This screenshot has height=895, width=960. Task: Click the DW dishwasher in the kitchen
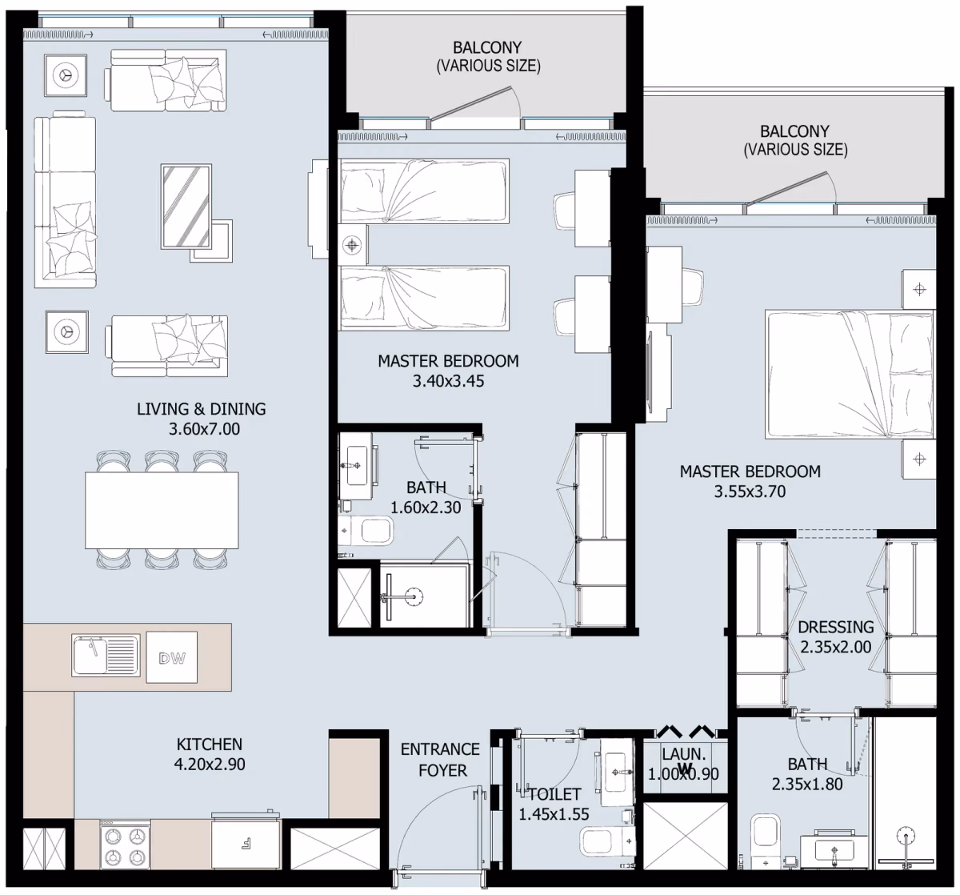pyautogui.click(x=172, y=657)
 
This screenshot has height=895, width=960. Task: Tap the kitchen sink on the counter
pyautogui.click(x=106, y=655)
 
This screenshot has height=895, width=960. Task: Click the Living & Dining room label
pyautogui.click(x=201, y=409)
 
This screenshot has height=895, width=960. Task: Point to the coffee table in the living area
pyautogui.click(x=186, y=206)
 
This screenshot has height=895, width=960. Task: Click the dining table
pyautogui.click(x=162, y=511)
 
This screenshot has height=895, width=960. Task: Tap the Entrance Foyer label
pyautogui.click(x=441, y=760)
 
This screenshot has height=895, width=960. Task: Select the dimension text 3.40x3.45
pyautogui.click(x=448, y=381)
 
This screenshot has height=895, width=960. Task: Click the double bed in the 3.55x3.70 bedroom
pyautogui.click(x=850, y=375)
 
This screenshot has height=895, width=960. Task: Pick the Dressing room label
pyautogui.click(x=836, y=627)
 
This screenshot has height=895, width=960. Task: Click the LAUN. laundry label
pyautogui.click(x=683, y=754)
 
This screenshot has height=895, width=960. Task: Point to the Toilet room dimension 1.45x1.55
pyautogui.click(x=554, y=815)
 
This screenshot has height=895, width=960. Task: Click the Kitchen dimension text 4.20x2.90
pyautogui.click(x=210, y=765)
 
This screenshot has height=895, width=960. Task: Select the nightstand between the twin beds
pyautogui.click(x=353, y=245)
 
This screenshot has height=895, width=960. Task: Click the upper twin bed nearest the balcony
pyautogui.click(x=423, y=191)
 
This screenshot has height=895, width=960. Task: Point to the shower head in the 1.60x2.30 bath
pyautogui.click(x=414, y=596)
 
